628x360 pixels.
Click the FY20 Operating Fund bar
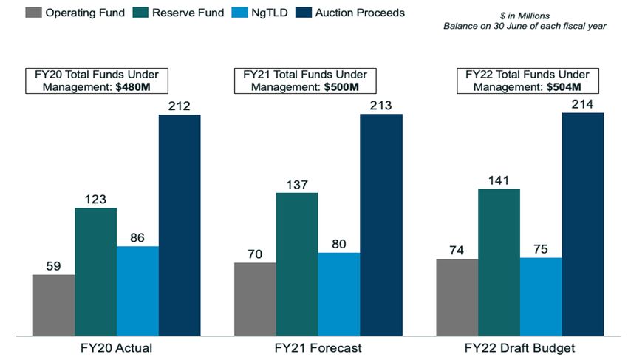(53, 304)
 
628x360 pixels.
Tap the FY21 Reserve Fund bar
(297, 263)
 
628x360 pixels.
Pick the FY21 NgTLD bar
(339, 293)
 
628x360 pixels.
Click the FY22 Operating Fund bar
(457, 296)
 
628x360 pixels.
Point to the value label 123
(95, 199)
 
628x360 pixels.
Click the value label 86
(137, 238)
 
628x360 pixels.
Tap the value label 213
(381, 106)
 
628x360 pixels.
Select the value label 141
(499, 180)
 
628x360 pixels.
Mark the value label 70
(255, 254)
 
